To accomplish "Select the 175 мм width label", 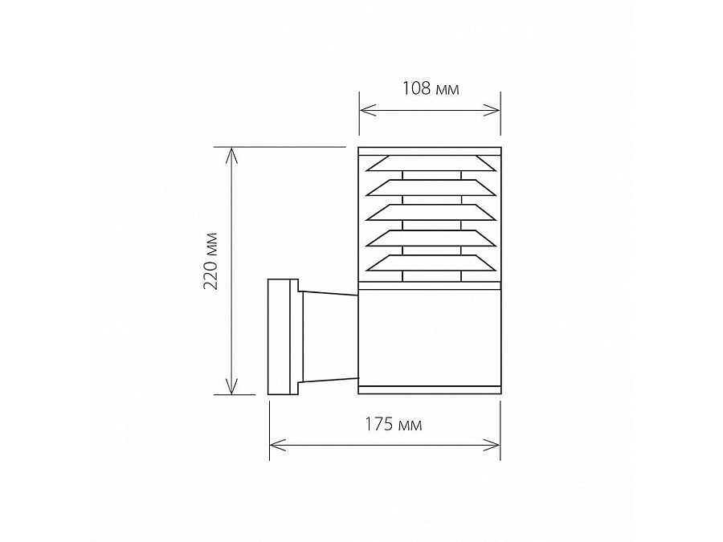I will tap(383, 423).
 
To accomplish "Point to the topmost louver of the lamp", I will tap(429, 164).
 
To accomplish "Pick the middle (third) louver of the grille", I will tap(429, 214).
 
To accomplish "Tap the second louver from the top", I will tap(429, 189).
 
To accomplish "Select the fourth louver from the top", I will tap(429, 238).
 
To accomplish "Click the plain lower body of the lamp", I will tap(429, 337).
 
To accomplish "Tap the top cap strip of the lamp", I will tap(429, 151).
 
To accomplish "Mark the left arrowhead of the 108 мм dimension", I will tap(364, 110).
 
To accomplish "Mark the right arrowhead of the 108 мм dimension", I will tap(495, 110).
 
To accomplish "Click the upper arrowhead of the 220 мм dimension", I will tap(233, 153).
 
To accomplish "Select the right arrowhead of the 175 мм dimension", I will tap(495, 442).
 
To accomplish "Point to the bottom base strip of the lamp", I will tap(429, 390).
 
